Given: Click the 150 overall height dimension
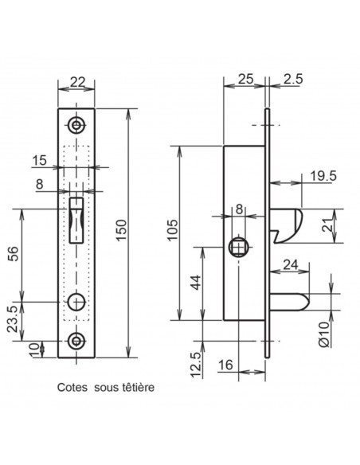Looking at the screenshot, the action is click(x=121, y=230).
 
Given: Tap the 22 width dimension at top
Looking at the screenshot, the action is click(x=78, y=81).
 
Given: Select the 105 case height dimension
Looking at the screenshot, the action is click(x=173, y=230).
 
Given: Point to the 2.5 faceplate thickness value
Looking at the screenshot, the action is click(x=293, y=79).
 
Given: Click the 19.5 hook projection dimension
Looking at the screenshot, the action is click(x=323, y=176).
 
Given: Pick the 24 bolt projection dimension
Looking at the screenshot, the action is click(x=291, y=265).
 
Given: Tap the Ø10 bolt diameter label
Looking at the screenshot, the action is click(x=324, y=334).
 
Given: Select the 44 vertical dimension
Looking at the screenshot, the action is click(x=196, y=283).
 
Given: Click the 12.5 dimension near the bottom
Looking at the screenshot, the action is click(x=196, y=365).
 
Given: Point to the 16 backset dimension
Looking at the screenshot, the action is click(x=225, y=365).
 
